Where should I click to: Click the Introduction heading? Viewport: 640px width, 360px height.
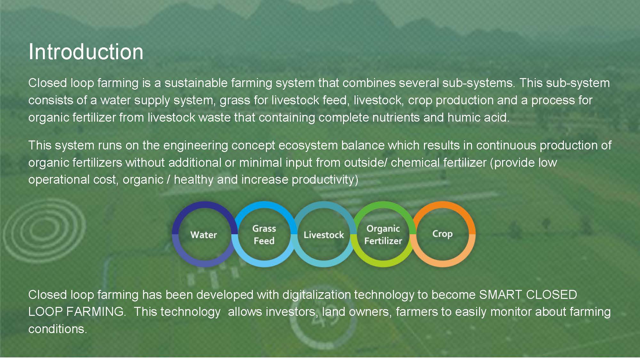coord(86,52)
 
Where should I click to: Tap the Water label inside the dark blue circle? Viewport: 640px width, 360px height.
coord(204,235)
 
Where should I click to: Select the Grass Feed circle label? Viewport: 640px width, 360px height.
coord(264,235)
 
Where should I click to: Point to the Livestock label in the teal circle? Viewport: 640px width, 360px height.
coord(324,235)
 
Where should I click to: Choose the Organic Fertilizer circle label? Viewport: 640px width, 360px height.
coord(383,235)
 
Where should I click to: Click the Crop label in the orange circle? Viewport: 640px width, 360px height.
coord(443,234)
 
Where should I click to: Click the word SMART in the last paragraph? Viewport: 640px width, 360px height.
coord(500,295)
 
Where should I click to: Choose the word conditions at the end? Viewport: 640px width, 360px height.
coord(58,329)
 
